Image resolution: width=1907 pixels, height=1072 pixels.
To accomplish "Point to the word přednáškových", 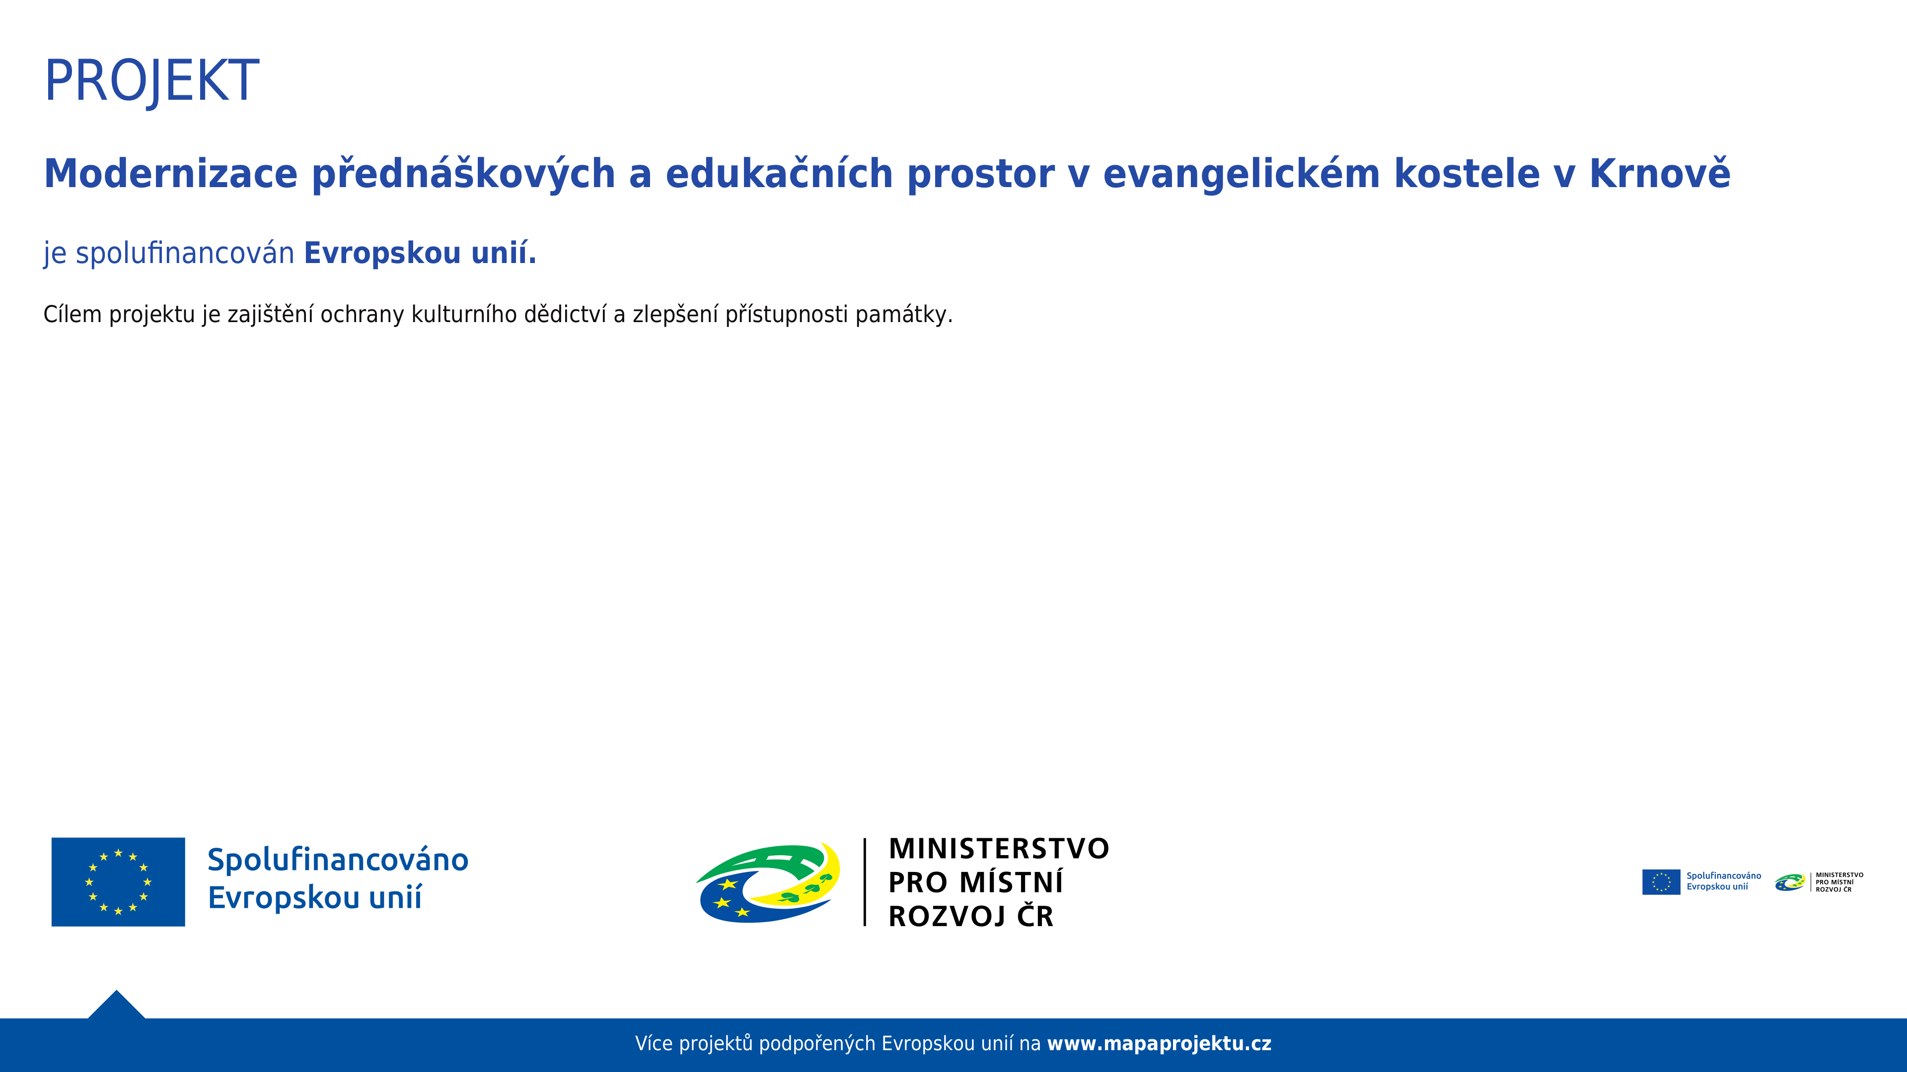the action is [x=463, y=175].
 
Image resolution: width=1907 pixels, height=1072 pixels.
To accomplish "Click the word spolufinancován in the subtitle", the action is [x=185, y=254].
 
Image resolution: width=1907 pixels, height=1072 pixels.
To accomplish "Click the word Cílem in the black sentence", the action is [x=73, y=315].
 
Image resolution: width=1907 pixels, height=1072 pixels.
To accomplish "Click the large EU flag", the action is [x=119, y=882].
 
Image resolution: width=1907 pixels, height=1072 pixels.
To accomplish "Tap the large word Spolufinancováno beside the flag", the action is [x=338, y=860].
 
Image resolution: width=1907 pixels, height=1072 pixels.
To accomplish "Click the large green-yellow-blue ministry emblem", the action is [x=768, y=882].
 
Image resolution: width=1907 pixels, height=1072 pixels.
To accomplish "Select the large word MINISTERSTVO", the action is [x=999, y=849].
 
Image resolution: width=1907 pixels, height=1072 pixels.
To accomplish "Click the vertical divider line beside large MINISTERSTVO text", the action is [x=865, y=882].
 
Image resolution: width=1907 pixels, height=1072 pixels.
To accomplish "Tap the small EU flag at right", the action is [x=1661, y=882].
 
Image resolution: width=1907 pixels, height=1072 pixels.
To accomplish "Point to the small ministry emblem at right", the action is [x=1790, y=882].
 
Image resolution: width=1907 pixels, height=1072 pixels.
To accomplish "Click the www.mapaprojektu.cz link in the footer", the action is [x=1159, y=1044].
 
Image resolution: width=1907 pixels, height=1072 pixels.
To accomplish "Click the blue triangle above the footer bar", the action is [x=116, y=1006].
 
